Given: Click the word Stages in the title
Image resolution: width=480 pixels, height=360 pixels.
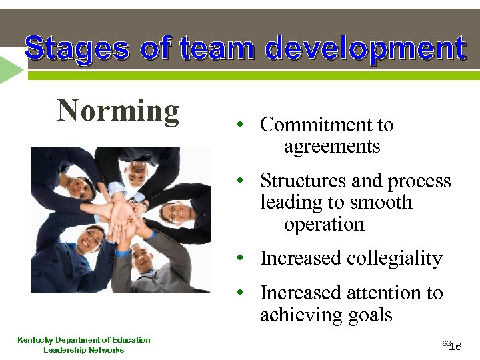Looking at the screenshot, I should click(77, 49).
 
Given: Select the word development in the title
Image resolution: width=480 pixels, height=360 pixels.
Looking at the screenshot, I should click(365, 49).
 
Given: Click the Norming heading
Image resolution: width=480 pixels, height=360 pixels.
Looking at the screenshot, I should click(119, 111).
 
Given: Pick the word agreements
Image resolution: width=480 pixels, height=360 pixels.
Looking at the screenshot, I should click(332, 146).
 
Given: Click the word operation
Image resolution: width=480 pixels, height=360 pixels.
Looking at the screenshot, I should click(324, 224).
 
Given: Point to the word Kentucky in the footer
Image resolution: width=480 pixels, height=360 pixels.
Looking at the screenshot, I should click(37, 340).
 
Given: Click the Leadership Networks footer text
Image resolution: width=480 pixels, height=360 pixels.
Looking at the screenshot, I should click(84, 350).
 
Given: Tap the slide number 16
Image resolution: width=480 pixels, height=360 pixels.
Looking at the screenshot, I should click(456, 347).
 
